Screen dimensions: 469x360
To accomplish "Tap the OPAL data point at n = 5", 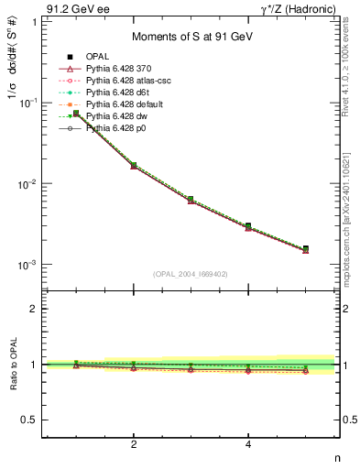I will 306,248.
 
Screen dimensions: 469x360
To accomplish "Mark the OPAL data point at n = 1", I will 76,114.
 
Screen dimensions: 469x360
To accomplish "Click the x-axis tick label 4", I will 248,445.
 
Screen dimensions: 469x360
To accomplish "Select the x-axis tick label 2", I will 134,445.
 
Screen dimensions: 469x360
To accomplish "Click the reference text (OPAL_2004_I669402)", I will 191,273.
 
